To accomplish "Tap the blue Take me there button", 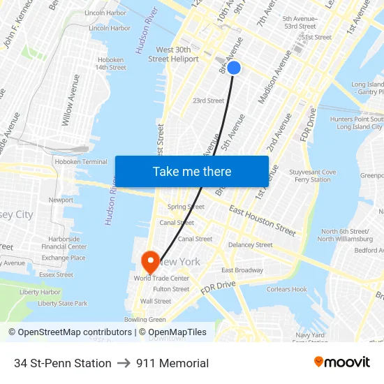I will coord(192,171).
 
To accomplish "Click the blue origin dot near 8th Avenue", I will coord(234,68).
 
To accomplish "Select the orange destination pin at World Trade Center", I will coord(150,262).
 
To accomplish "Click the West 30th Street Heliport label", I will coord(173,54).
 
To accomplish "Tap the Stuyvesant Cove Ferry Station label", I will coord(312,176).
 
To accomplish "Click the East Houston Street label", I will coord(263,220).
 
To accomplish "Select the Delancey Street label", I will coord(250,245).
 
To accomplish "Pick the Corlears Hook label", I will coord(287,289).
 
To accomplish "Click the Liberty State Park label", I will coord(63,304).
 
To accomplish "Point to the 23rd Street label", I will coord(208,101).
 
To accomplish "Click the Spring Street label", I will coord(186,207).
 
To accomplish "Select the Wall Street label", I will coord(155,302).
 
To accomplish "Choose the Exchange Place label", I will coord(64,258).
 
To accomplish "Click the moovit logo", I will coord(342,362).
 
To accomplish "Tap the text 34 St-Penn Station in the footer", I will coord(63,363).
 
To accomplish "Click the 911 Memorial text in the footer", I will coord(172,363).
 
